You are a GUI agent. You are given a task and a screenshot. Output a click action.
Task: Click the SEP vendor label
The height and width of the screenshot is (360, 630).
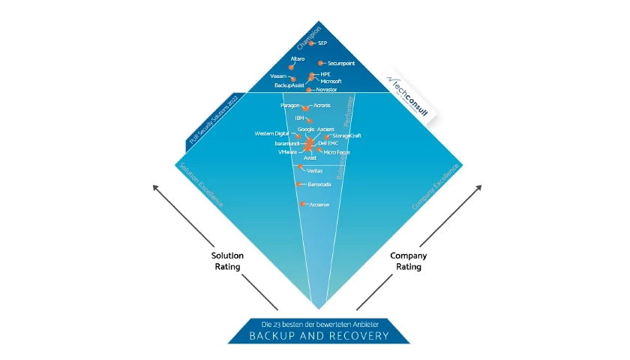322,44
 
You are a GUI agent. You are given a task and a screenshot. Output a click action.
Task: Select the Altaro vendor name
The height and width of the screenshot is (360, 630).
298,58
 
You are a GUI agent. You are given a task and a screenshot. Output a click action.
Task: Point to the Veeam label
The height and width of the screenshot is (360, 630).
277,76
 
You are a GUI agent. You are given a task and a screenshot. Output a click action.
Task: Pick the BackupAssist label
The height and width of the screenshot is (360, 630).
289,85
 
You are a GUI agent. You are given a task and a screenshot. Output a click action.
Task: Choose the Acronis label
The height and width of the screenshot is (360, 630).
322,106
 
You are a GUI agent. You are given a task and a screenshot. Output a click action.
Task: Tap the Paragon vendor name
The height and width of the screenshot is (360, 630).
289,106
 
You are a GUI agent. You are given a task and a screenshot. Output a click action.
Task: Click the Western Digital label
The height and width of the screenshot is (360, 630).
271,133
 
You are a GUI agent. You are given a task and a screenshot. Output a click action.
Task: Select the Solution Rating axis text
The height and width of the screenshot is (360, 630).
227,261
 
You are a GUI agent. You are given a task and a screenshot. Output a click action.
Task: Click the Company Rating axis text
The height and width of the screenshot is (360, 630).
409,261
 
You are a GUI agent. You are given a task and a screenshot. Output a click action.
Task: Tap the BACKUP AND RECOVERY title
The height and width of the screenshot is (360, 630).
319,335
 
